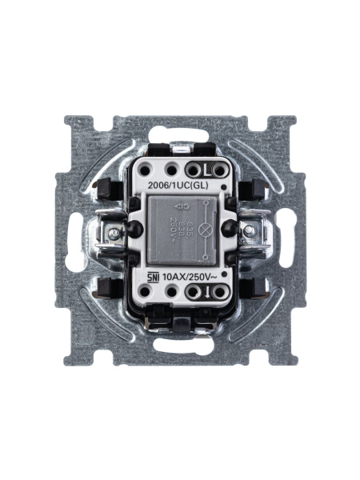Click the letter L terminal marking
(206, 170)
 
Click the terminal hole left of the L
(192, 170)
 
